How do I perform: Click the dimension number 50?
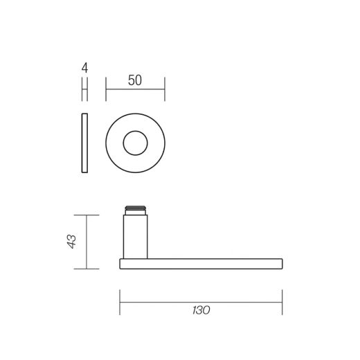pos(135,80)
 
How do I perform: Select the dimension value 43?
pos(71,242)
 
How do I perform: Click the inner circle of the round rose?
pos(135,144)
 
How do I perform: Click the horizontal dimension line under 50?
pos(135,89)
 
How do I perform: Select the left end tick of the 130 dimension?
pos(120,300)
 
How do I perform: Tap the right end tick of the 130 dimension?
pos(282,300)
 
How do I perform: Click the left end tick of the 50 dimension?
pos(106,89)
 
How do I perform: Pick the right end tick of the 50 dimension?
pos(164,89)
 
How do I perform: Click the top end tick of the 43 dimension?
pos(85,215)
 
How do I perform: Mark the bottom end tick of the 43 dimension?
pos(85,268)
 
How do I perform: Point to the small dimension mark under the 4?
pos(84,89)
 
